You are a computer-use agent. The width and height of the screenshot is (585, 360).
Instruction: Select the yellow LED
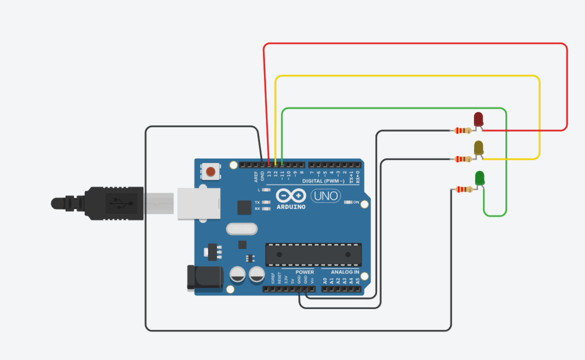point(479,147)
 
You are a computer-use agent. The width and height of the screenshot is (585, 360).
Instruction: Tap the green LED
point(480,178)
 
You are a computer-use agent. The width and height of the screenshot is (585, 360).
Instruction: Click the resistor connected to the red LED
point(463,130)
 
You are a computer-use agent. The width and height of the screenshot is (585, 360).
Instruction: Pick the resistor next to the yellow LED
point(463,159)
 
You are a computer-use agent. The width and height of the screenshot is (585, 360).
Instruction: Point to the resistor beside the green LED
point(464,189)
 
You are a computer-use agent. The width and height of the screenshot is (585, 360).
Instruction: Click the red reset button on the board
point(210,172)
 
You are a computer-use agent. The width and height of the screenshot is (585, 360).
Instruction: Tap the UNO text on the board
point(325,195)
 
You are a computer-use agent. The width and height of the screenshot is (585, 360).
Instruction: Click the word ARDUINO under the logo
point(291,207)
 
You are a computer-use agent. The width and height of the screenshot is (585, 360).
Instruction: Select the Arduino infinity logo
point(291,195)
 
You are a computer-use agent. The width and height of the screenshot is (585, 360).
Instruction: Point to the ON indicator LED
point(348,202)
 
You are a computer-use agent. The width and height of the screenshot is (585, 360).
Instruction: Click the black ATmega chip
point(313,254)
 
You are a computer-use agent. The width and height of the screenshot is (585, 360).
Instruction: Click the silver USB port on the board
point(199,203)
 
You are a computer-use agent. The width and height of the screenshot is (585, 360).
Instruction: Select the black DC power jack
point(204,277)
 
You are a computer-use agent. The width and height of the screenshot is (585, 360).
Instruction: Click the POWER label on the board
point(305,272)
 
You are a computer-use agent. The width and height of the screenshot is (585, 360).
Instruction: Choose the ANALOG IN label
point(345,272)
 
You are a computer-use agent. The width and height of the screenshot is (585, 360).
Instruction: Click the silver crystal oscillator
point(240,229)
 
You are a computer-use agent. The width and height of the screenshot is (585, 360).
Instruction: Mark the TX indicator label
point(257,202)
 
